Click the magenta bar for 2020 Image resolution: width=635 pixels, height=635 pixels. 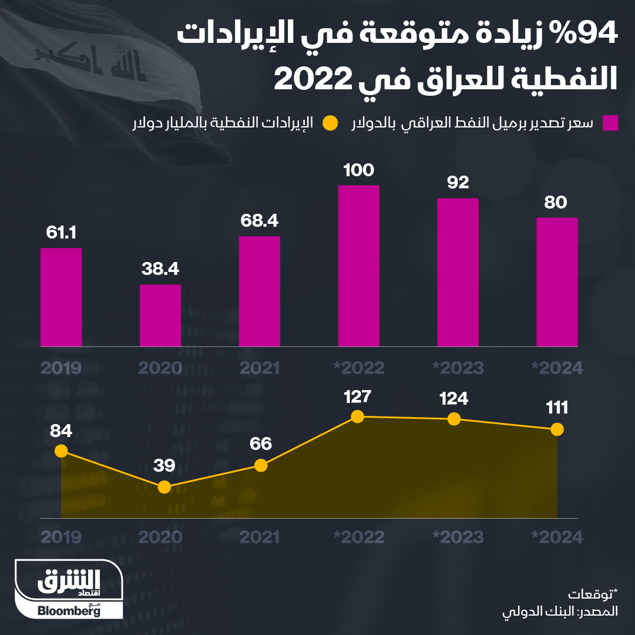pyautogui.click(x=160, y=315)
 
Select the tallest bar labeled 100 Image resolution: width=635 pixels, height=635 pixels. pyautogui.click(x=358, y=266)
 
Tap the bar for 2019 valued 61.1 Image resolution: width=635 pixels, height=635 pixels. pyautogui.click(x=61, y=297)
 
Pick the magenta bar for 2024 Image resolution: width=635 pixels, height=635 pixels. pyautogui.click(x=557, y=282)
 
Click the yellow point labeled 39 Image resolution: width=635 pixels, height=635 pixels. pyautogui.click(x=164, y=487)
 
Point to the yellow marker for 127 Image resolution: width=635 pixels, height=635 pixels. pyautogui.click(x=357, y=416)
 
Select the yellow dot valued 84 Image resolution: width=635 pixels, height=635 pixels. pyautogui.click(x=61, y=451)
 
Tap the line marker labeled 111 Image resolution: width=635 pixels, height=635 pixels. pyautogui.click(x=557, y=429)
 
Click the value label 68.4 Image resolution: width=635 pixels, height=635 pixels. pyautogui.click(x=259, y=221)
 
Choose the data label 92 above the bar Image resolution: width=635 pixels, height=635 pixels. pyautogui.click(x=458, y=183)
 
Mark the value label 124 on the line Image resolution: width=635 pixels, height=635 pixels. pyautogui.click(x=453, y=399)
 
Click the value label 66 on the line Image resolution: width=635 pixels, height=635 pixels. pyautogui.click(x=260, y=444)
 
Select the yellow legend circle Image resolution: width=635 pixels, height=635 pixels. pyautogui.click(x=331, y=123)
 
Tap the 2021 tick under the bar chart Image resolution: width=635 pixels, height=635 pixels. pyautogui.click(x=259, y=368)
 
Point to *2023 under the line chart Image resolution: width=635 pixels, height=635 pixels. pyautogui.click(x=458, y=537)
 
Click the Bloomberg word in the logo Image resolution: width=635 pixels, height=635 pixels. pyautogui.click(x=69, y=611)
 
